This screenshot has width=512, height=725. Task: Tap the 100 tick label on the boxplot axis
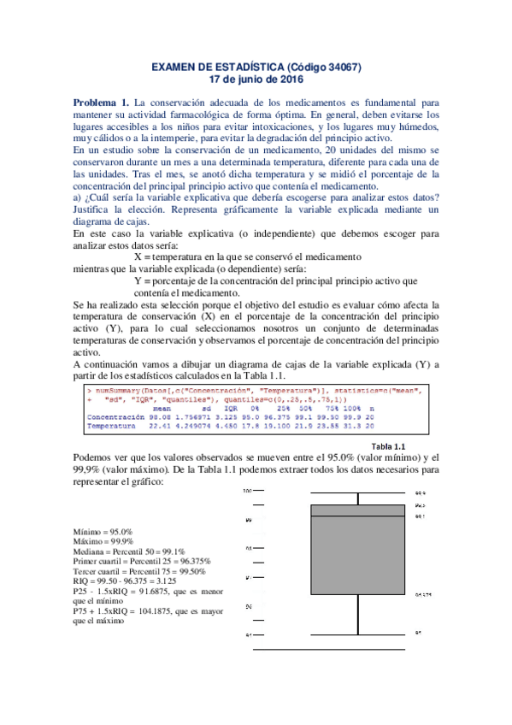click(x=247, y=492)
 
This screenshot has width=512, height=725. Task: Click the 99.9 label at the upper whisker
click(x=420, y=493)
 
